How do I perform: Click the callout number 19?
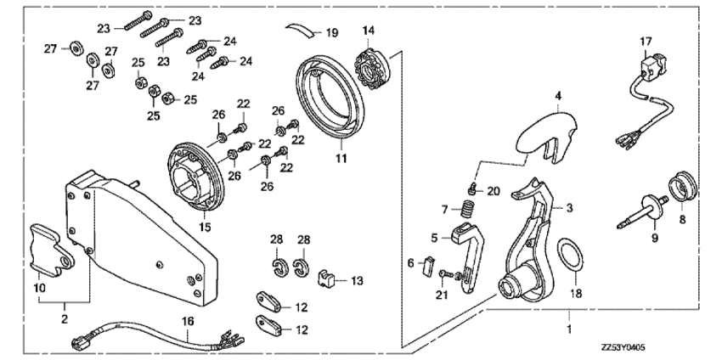[332, 32]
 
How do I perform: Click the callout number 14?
[369, 31]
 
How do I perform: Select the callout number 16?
[188, 321]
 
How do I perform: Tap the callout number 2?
[64, 318]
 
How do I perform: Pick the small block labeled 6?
[428, 266]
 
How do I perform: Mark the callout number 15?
[205, 227]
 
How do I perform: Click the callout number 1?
[570, 329]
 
